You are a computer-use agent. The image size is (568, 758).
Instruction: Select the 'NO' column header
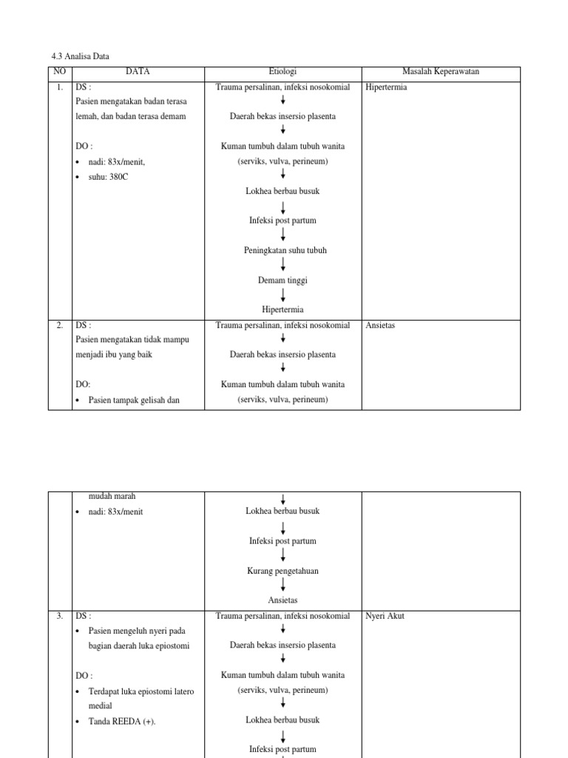point(60,72)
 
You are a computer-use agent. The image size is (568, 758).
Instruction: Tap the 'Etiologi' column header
point(283,72)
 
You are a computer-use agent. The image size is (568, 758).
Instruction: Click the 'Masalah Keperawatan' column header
point(440,72)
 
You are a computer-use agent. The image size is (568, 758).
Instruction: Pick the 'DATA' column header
point(138,72)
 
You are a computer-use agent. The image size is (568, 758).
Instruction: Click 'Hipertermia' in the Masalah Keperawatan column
point(386,87)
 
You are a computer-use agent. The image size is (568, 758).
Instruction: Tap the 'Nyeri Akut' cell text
point(385,616)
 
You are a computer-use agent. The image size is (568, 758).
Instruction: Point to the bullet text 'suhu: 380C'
point(108,176)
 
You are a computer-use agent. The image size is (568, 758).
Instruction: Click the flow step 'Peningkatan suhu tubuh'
point(285,250)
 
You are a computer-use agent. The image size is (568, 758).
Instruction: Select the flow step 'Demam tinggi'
point(283,281)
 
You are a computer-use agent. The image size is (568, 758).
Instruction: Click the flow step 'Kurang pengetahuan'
point(283,571)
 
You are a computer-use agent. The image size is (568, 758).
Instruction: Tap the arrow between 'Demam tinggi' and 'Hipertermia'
point(283,295)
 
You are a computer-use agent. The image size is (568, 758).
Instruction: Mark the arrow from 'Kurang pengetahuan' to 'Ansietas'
point(283,585)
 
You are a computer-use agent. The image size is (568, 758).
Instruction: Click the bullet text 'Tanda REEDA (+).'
point(122,721)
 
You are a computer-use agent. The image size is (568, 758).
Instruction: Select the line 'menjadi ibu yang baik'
point(117,355)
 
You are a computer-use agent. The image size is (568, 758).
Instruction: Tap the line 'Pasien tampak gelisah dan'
point(135,400)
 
